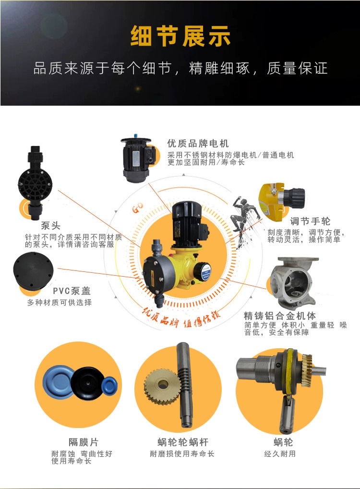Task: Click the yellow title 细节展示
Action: coord(180,36)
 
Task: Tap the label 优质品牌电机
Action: coord(198,144)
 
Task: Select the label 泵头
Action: coord(50,225)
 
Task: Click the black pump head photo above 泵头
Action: coord(35,182)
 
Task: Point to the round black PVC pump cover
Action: coord(33,271)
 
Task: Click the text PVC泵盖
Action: coord(72,291)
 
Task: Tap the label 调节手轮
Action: coord(310,221)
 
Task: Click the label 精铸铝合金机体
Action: coord(279,316)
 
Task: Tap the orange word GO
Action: coord(137,208)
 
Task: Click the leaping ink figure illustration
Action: coord(245,220)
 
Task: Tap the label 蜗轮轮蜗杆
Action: coord(183,442)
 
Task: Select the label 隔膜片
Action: coord(83,442)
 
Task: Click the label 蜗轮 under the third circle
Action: coord(283,442)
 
